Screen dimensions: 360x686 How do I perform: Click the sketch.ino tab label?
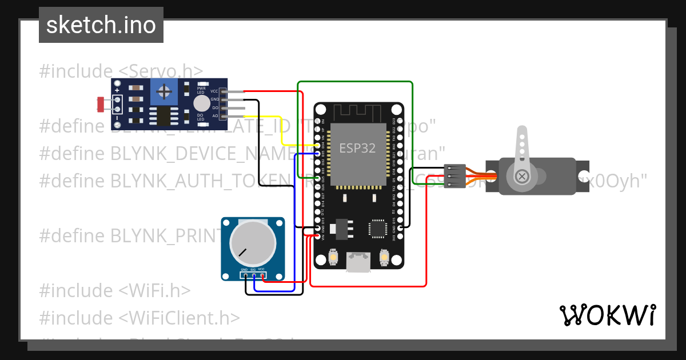[101, 25]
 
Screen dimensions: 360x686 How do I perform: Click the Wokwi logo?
[607, 315]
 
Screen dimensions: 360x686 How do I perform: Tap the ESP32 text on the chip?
[357, 148]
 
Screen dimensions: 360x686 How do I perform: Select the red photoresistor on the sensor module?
[101, 104]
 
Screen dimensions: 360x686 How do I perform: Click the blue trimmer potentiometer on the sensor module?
[164, 91]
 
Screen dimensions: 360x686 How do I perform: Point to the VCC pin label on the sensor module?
[214, 91]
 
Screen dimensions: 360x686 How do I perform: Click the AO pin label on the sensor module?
[215, 116]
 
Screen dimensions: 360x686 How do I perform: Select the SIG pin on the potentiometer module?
[253, 276]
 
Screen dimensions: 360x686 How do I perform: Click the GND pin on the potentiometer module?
[245, 276]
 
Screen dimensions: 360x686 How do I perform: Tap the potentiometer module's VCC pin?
[262, 276]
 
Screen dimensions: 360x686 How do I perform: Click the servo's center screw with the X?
[521, 176]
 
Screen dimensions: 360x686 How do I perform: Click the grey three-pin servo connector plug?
[454, 176]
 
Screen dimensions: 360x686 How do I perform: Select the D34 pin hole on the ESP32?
[318, 146]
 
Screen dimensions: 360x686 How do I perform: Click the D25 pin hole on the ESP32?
[318, 178]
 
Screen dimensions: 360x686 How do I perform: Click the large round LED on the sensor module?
[201, 103]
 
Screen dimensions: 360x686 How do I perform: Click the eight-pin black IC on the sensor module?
[164, 116]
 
